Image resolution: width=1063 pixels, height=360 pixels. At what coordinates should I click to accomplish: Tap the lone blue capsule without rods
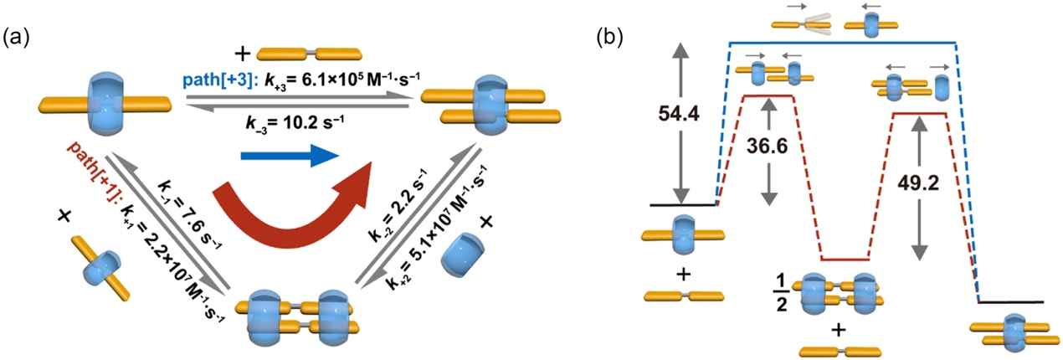pyautogui.click(x=461, y=250)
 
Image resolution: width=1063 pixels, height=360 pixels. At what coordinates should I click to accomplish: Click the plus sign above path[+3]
pyautogui.click(x=244, y=55)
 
